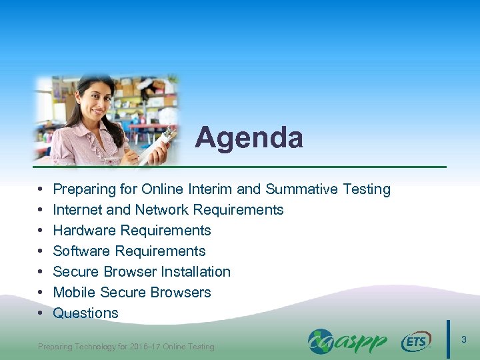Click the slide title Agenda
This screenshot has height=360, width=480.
point(249,138)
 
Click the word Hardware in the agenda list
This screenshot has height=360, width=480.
point(82,231)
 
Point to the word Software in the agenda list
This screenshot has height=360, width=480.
point(81,251)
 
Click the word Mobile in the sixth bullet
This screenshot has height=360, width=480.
point(74,293)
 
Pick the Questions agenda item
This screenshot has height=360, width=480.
point(85,313)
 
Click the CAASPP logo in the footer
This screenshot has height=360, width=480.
point(347,341)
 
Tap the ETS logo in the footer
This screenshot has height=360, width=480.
point(416,342)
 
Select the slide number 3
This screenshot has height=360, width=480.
point(464,340)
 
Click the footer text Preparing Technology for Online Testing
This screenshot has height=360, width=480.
point(126,347)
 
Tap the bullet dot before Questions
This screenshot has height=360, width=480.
point(41,313)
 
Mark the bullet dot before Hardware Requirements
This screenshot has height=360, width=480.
point(41,231)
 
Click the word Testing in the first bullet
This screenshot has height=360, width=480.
point(366,189)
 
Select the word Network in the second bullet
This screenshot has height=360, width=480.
point(158,210)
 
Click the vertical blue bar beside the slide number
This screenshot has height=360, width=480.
point(448,339)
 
